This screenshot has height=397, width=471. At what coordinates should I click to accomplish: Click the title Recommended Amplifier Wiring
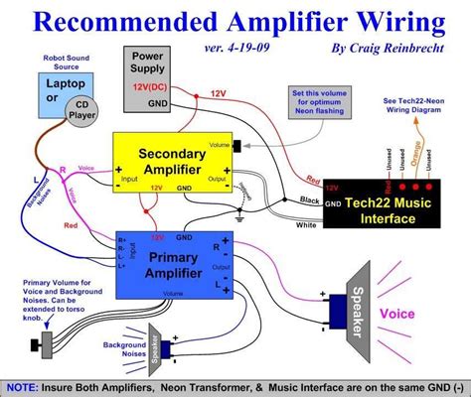click(235, 21)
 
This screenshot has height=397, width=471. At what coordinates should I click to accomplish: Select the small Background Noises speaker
click(164, 346)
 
